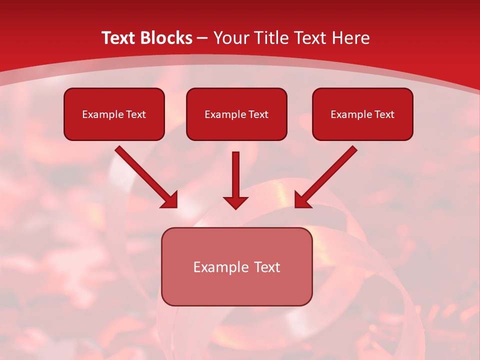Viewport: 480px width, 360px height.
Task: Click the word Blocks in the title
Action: click(167, 38)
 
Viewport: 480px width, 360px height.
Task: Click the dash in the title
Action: click(202, 38)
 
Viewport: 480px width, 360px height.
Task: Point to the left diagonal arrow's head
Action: click(170, 200)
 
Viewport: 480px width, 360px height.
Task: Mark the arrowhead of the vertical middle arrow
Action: click(235, 202)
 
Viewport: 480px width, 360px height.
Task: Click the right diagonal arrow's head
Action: click(302, 200)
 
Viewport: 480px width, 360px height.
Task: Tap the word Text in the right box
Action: click(384, 114)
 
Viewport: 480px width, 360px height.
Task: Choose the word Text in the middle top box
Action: click(258, 114)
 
